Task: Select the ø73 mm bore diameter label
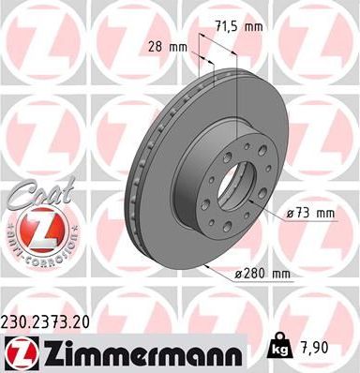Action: click(310, 215)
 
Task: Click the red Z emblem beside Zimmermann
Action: click(19, 351)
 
